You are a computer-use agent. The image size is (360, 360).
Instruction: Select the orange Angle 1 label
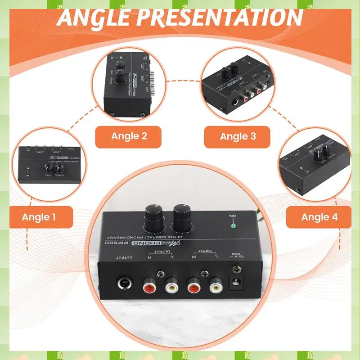pyautogui.click(x=39, y=217)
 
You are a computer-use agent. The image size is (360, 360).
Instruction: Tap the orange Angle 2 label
pyautogui.click(x=130, y=136)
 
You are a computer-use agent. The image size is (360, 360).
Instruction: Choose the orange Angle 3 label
pyautogui.click(x=238, y=136)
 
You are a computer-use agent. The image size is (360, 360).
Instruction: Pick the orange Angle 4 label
pyautogui.click(x=319, y=217)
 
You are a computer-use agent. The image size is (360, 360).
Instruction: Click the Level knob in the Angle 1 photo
pyautogui.click(x=48, y=170)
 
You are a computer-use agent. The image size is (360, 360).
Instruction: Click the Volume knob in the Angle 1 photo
pyautogui.click(x=59, y=170)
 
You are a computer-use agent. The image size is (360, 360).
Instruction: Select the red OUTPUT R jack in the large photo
pyautogui.click(x=149, y=285)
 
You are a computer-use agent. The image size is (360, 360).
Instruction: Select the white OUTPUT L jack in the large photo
pyautogui.click(x=171, y=285)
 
